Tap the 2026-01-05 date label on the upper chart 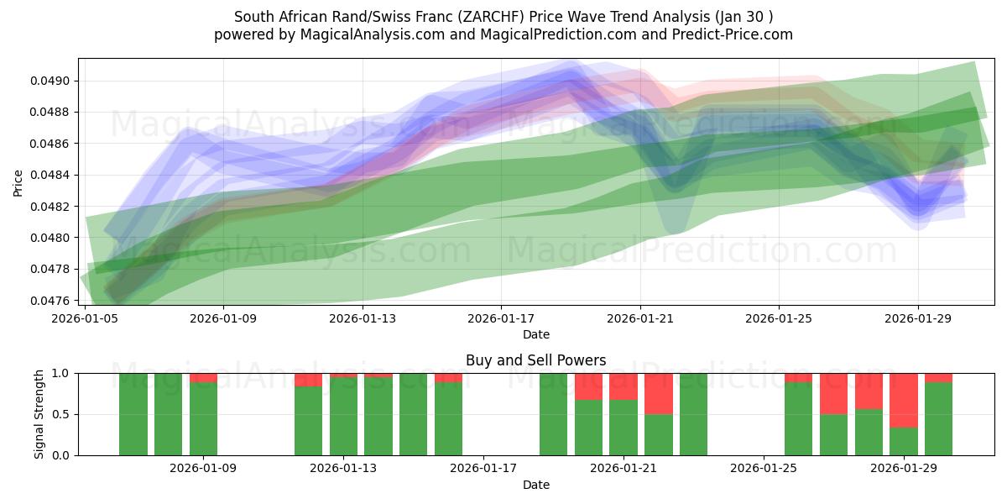tap(85, 318)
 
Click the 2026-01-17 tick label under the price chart tap(501, 318)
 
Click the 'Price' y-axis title tap(18, 182)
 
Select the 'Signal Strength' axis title tap(39, 414)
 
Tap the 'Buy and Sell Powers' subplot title tap(535, 360)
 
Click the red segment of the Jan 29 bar tap(904, 400)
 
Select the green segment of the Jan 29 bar tap(904, 441)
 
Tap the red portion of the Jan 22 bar tap(659, 393)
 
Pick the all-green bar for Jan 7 tap(133, 414)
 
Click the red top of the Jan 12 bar tap(308, 380)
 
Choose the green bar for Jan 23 tap(693, 414)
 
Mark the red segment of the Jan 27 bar tap(833, 393)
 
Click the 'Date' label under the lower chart tap(535, 486)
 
